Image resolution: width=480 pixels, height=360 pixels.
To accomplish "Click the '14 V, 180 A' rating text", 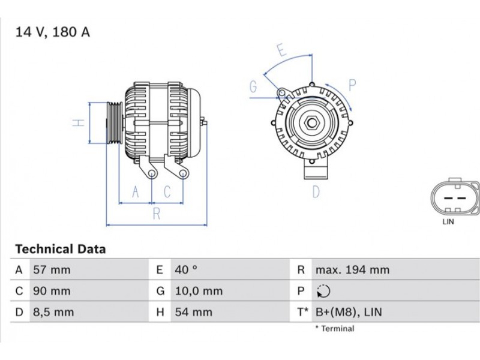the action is coord(53,32).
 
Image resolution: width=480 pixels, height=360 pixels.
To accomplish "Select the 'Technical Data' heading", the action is coord(61,249).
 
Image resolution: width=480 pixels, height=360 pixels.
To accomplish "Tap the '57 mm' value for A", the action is coord(52,269).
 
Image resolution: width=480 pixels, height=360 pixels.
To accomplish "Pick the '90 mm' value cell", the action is coord(52,291).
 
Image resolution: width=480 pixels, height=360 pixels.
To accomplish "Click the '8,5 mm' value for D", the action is coord(53,312).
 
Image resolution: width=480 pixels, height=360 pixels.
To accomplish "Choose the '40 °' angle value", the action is coord(186,269).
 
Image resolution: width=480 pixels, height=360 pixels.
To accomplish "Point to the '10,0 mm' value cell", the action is coord(199,291).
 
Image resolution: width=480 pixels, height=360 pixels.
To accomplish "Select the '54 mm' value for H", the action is coord(193,312).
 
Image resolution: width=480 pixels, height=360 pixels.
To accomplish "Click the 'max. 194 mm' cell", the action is coord(353,269).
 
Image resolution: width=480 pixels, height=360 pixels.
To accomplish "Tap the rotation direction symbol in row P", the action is coord(323,291).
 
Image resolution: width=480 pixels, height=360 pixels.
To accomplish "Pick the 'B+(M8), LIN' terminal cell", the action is coord(349,312).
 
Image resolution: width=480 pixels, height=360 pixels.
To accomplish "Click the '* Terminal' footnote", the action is coord(335,329).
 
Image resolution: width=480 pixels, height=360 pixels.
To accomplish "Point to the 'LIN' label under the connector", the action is coord(448,221).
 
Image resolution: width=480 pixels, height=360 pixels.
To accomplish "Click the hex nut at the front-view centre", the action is coord(312,123).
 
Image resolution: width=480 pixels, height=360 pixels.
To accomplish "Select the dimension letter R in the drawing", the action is coord(157,214).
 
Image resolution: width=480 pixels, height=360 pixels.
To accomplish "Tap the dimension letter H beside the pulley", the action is coord(79,123).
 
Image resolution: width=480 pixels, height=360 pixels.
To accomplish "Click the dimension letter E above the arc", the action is coord(282,50).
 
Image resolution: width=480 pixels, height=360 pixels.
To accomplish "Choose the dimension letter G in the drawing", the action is coord(253,86).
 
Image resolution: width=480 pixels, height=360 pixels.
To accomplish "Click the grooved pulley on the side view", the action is coord(115,123).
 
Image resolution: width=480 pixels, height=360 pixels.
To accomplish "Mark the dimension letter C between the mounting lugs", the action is coord(167,192).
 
